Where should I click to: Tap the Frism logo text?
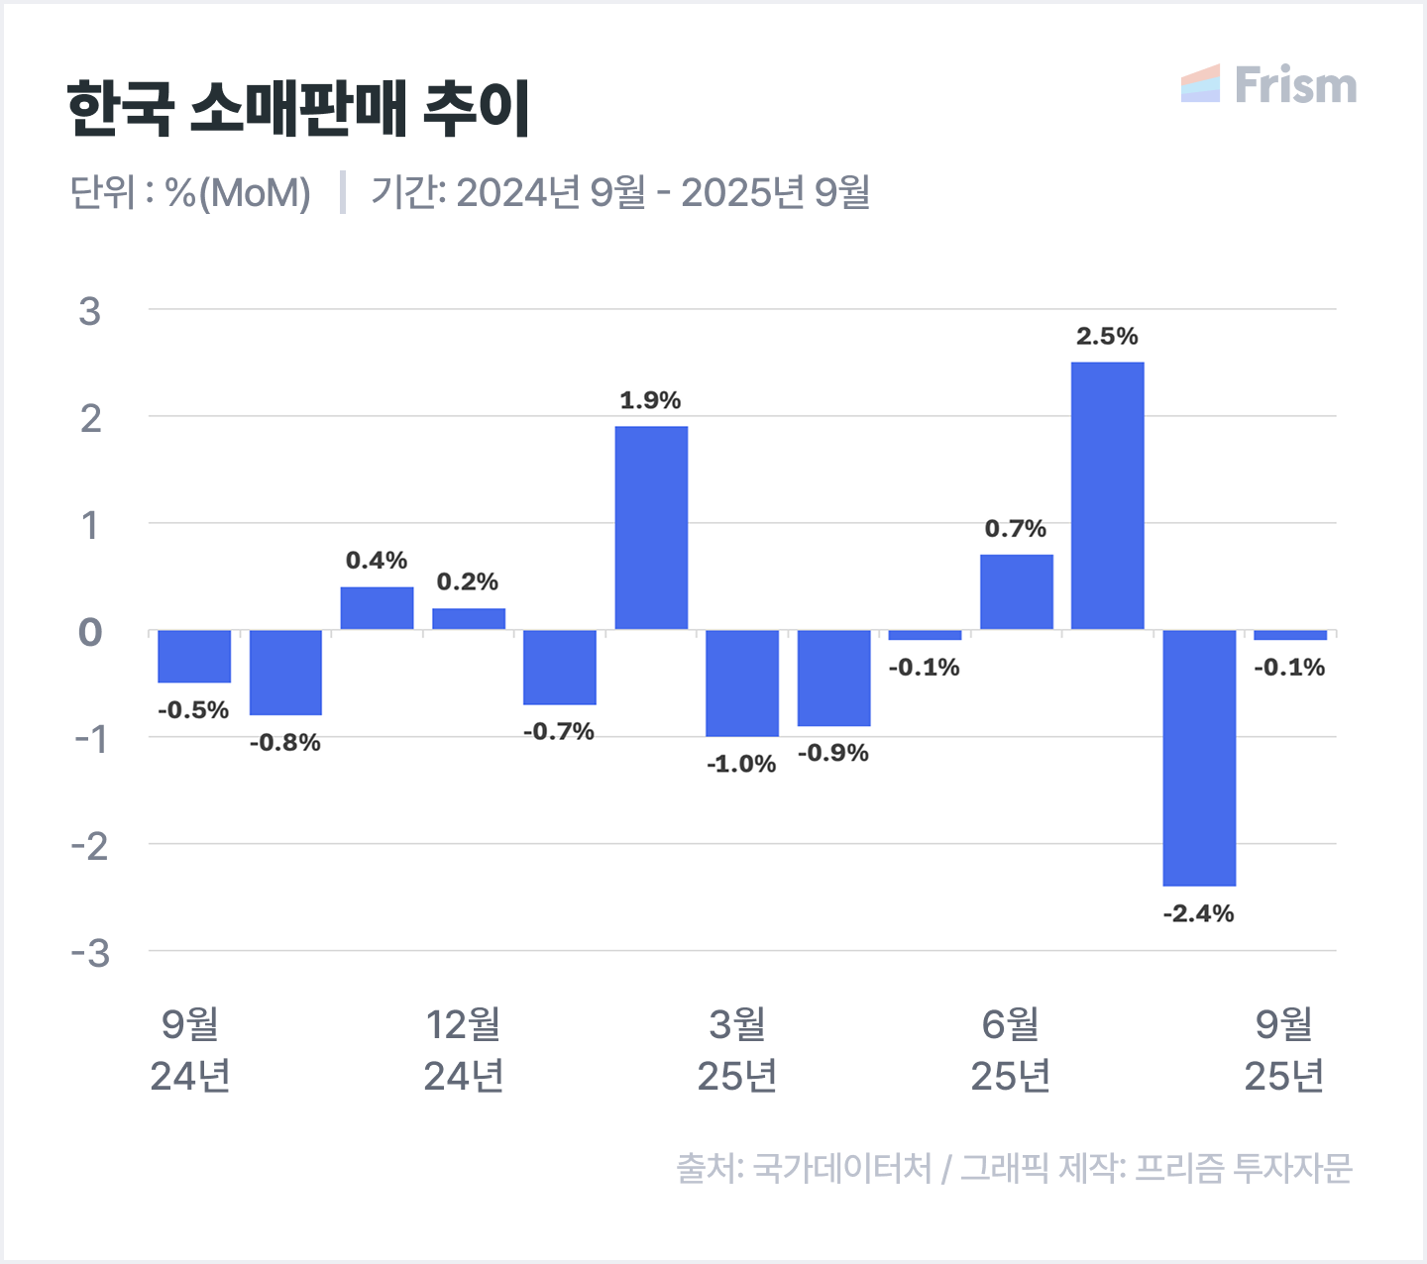pos(1295,85)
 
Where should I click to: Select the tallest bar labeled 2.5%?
pos(1107,495)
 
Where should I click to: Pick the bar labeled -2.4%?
pos(1199,758)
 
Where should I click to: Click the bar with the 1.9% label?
pos(651,528)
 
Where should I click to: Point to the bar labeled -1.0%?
pos(742,684)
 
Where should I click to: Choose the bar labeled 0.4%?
pos(377,608)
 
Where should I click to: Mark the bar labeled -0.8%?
pos(285,673)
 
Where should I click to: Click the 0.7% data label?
pos(1016,529)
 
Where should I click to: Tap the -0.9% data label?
pos(833,753)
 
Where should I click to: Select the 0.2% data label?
pos(468,581)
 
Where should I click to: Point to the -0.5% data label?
pos(193,710)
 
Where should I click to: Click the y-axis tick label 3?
pos(90,312)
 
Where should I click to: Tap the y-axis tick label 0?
pos(90,632)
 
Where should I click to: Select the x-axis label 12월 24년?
pos(464,1050)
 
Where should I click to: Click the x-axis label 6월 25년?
pos(1011,1050)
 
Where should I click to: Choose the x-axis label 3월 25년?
pos(737,1050)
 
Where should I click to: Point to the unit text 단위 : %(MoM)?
pos(190,192)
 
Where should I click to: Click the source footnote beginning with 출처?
pos(1014,1169)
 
